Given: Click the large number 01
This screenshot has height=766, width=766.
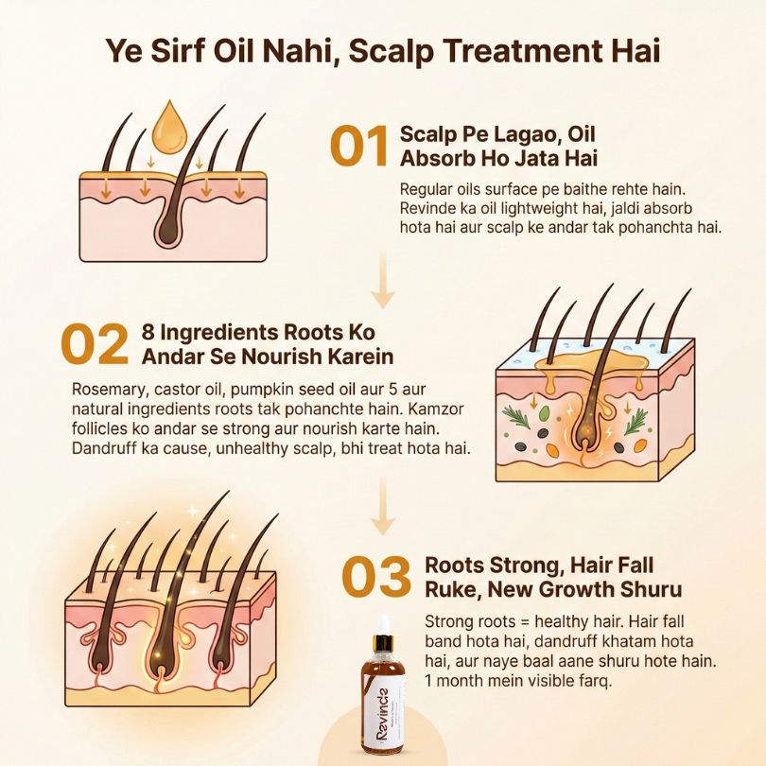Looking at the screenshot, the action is click(359, 146).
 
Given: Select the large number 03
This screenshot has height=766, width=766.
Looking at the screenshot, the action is click(376, 578).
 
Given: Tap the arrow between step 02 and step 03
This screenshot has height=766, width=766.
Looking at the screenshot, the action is click(383, 508).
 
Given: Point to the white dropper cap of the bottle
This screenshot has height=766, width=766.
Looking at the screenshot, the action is click(384, 625).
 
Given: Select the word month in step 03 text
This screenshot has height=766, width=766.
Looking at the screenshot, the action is click(462, 681).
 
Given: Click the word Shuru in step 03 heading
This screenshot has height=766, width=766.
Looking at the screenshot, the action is click(651, 590).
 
